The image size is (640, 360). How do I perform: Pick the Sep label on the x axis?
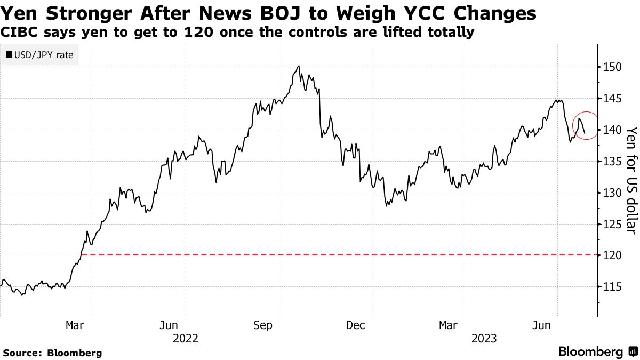[x=263, y=325]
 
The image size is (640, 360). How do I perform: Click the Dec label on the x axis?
[x=356, y=325]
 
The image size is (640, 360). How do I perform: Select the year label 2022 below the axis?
[x=185, y=338]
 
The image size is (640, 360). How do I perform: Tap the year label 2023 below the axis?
[x=484, y=338]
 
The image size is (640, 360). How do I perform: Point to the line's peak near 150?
[x=299, y=66]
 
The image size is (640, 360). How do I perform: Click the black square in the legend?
[x=9, y=54]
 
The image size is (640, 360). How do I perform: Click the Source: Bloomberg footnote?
[x=52, y=353]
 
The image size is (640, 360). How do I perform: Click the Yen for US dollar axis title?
[x=631, y=180]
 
